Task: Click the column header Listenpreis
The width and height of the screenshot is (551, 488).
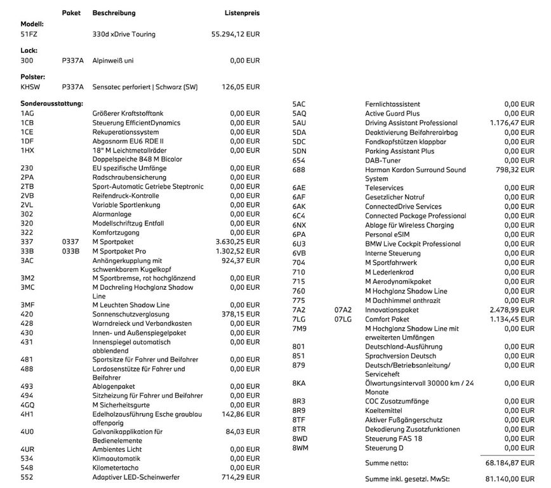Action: [242, 13]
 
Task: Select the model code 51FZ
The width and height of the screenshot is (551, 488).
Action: [29, 34]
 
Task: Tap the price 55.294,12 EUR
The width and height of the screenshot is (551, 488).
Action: [235, 34]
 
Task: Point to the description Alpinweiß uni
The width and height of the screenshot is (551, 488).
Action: [113, 60]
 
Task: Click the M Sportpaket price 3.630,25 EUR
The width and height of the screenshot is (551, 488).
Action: [237, 242]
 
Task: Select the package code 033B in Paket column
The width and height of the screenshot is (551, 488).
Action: [71, 251]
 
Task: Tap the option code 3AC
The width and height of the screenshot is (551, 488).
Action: [27, 261]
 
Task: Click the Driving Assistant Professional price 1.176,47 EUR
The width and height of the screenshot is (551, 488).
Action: [512, 123]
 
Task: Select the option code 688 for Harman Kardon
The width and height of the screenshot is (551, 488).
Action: [299, 170]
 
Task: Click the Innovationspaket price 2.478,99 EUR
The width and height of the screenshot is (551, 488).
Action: [512, 309]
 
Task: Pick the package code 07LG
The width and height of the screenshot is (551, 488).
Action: [343, 319]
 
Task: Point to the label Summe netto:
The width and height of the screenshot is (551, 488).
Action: [387, 463]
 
